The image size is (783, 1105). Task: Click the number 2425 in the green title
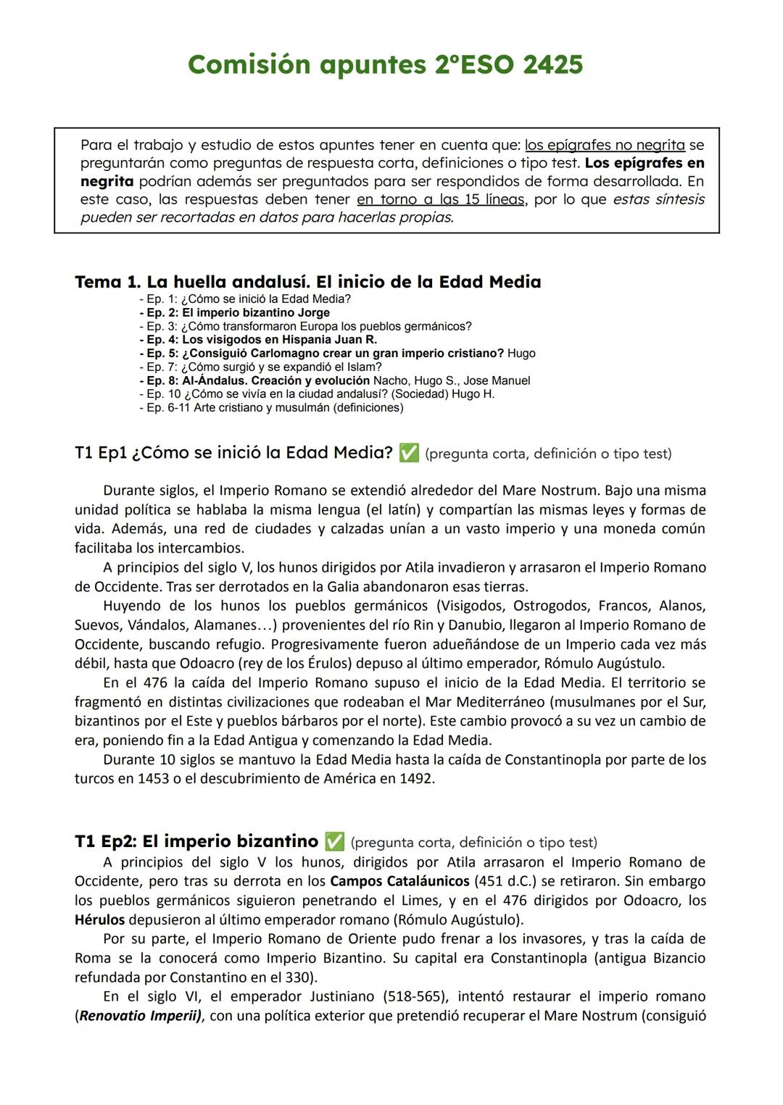point(552,65)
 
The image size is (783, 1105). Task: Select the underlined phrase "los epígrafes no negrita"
point(605,145)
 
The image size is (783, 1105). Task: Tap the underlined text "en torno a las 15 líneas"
point(440,199)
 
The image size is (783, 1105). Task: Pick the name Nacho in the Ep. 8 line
point(388,381)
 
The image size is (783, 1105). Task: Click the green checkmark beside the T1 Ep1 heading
point(409,454)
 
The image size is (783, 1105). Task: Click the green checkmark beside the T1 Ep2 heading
point(334,842)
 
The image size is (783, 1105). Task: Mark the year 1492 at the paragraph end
point(416,779)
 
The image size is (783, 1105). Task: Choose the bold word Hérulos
point(99,920)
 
